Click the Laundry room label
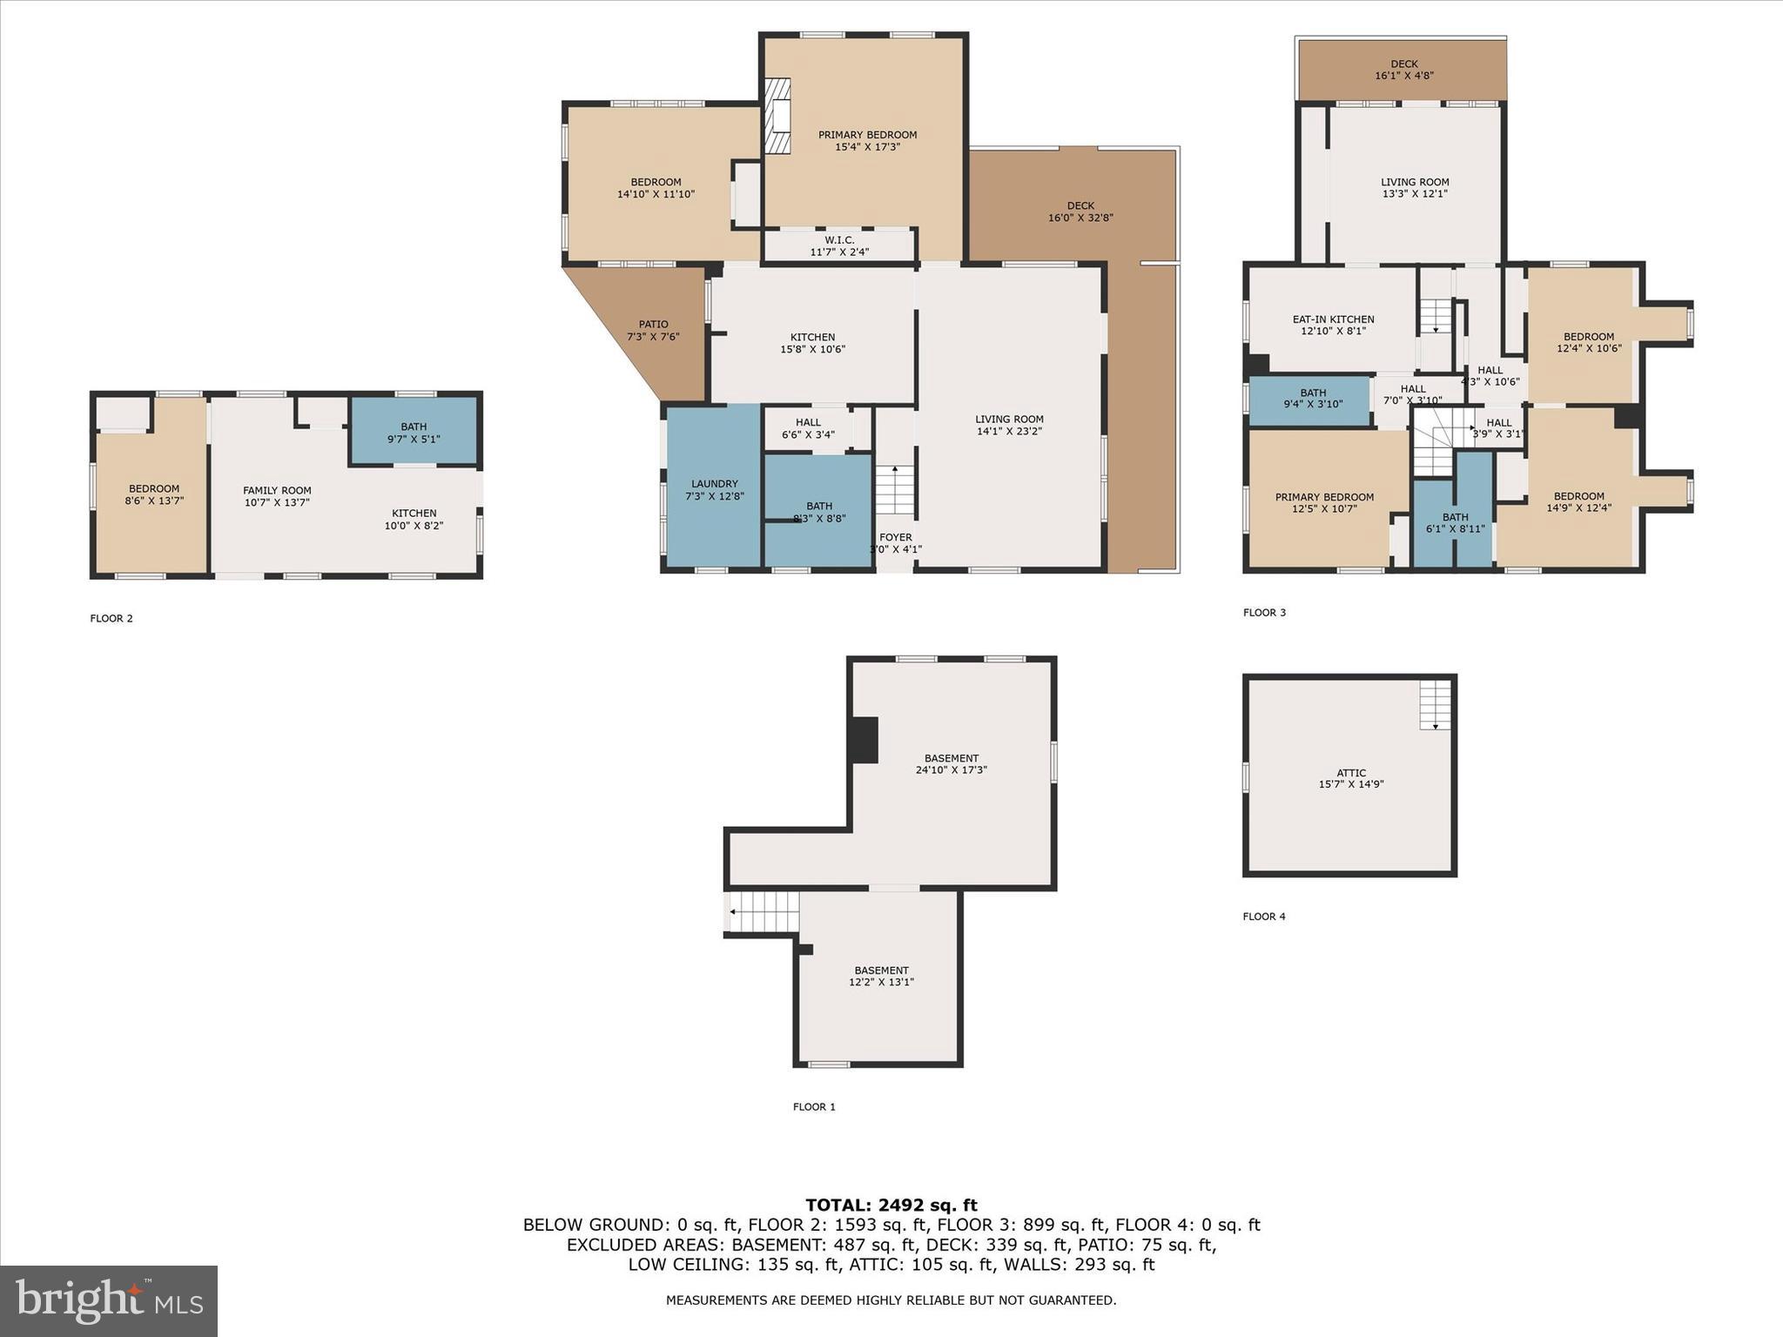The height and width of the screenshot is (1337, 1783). point(714,490)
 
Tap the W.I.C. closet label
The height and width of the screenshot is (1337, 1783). point(839,245)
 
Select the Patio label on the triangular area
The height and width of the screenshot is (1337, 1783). point(653,330)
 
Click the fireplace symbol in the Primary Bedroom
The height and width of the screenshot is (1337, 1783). point(777,116)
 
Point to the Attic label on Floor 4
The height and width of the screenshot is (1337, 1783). point(1350,778)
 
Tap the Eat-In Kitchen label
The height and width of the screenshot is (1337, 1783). point(1333,325)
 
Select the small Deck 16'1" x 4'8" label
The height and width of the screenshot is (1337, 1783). point(1403,70)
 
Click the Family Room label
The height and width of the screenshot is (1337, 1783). point(277,496)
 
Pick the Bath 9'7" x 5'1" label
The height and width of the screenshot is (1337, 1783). point(414,433)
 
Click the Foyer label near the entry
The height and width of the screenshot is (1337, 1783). point(895,543)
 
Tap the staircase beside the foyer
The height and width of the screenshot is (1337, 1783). point(894,490)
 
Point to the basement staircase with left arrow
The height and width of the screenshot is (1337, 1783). point(763,911)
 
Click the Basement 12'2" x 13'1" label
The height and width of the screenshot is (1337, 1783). point(881,976)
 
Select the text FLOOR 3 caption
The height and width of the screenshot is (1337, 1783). point(1264,613)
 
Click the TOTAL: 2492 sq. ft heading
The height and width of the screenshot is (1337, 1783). point(891,1206)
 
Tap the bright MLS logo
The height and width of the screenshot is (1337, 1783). point(109,1300)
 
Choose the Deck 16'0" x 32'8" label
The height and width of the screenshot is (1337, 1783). point(1080,212)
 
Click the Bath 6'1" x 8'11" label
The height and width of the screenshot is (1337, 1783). point(1454,522)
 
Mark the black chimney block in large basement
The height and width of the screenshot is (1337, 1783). point(864,740)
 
